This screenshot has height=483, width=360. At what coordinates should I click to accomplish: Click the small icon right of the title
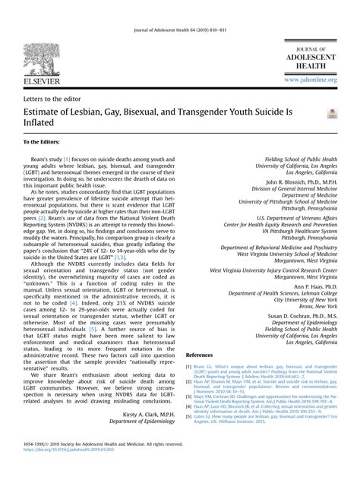(x=330, y=113)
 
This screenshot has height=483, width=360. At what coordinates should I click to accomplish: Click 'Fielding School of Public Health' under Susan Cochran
(x=297, y=328)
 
